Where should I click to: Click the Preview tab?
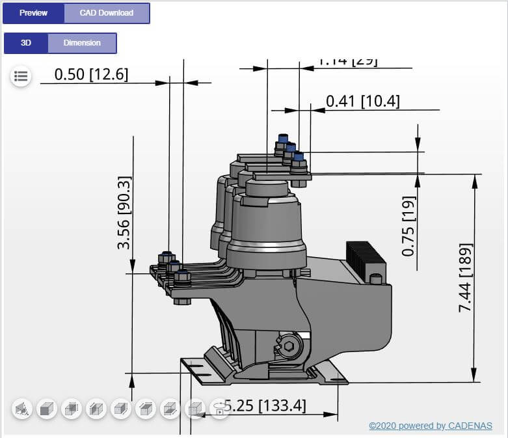tap(33, 13)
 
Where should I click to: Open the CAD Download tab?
tap(107, 13)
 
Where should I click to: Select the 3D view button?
tap(26, 43)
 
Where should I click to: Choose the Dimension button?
tap(82, 43)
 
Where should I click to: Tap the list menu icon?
tap(21, 76)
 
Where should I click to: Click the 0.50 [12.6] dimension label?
tap(91, 74)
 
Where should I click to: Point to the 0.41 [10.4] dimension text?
tap(362, 101)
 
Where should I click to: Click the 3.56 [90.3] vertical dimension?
tap(124, 212)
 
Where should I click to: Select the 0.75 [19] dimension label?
tap(408, 225)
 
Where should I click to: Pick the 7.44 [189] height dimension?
tap(465, 278)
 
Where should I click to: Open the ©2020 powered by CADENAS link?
tap(431, 426)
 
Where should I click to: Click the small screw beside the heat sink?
tap(375, 279)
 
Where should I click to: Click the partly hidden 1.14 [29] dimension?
tap(346, 62)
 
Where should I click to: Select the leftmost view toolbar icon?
tap(22, 409)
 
